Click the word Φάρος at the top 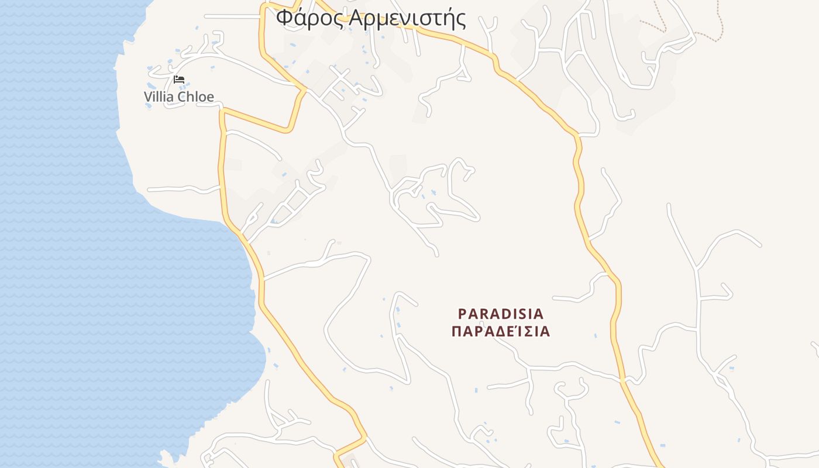pyautogui.click(x=310, y=18)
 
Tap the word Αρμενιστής pyautogui.click(x=408, y=18)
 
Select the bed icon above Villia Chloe pyautogui.click(x=179, y=80)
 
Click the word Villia pyautogui.click(x=159, y=97)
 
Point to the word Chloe pyautogui.click(x=195, y=97)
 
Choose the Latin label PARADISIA pyautogui.click(x=501, y=314)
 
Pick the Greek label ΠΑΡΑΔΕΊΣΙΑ pyautogui.click(x=501, y=332)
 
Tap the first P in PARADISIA pyautogui.click(x=462, y=314)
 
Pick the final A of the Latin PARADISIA pyautogui.click(x=539, y=314)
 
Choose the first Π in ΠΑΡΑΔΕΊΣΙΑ pyautogui.click(x=457, y=332)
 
